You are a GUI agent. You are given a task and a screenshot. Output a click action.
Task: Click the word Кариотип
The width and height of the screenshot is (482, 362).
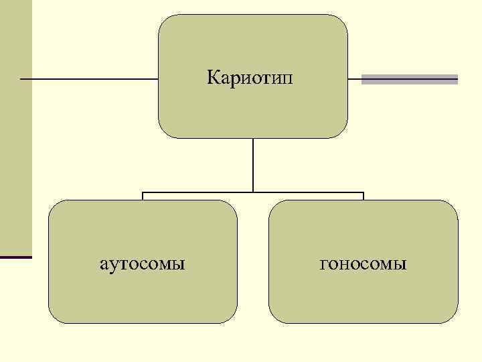(250, 78)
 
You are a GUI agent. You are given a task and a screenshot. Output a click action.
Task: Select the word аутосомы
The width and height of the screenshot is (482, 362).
(142, 263)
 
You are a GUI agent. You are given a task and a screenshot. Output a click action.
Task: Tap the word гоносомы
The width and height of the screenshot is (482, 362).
(364, 263)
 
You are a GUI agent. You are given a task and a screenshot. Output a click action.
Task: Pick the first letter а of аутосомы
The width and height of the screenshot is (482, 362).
(103, 264)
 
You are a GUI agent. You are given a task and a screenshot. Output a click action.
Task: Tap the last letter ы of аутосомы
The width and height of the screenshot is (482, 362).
(179, 264)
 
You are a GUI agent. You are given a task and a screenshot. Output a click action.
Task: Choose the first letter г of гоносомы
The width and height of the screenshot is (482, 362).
(324, 264)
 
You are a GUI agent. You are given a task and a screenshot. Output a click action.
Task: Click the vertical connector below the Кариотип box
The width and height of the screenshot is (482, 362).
(253, 164)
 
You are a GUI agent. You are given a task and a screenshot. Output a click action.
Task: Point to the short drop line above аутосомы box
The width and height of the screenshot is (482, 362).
(143, 196)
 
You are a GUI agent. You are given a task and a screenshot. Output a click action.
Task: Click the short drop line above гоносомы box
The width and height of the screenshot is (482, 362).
(363, 196)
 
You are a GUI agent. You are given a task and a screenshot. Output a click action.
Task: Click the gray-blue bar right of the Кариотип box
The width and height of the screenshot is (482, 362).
(409, 79)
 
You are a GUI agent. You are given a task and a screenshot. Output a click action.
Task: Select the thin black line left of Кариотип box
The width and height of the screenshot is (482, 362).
(87, 79)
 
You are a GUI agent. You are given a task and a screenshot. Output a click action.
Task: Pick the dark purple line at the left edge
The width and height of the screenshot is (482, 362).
(15, 257)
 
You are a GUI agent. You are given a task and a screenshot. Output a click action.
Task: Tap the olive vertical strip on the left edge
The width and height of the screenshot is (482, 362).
(15, 134)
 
